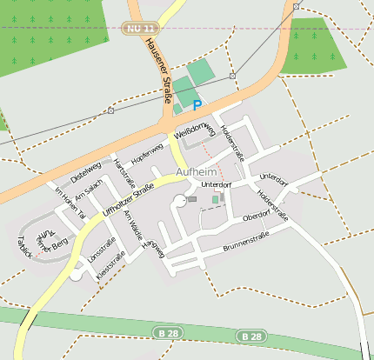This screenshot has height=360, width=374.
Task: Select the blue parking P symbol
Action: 197,105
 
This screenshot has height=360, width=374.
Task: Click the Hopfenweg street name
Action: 147,157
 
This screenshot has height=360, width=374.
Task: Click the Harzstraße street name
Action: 125,173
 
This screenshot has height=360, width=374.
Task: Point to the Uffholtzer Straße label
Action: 129,199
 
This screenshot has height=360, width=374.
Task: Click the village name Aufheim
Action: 196,172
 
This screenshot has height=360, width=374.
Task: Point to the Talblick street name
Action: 24,248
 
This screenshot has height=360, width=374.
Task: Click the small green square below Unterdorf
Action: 216,200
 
